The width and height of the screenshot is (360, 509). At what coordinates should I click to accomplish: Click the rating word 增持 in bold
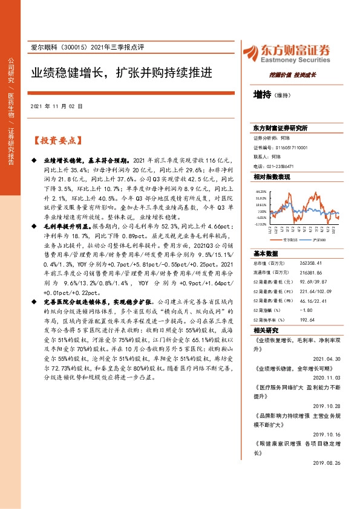[261, 94]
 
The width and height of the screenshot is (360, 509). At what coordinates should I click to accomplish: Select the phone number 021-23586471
[281, 166]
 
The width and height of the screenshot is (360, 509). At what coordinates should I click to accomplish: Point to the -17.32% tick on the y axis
[260, 224]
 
